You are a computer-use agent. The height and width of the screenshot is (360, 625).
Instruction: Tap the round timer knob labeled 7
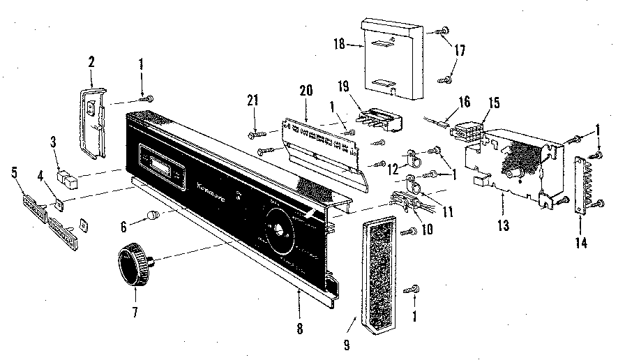pos(132,264)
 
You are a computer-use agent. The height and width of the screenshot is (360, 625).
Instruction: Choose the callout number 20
pos(307,91)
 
